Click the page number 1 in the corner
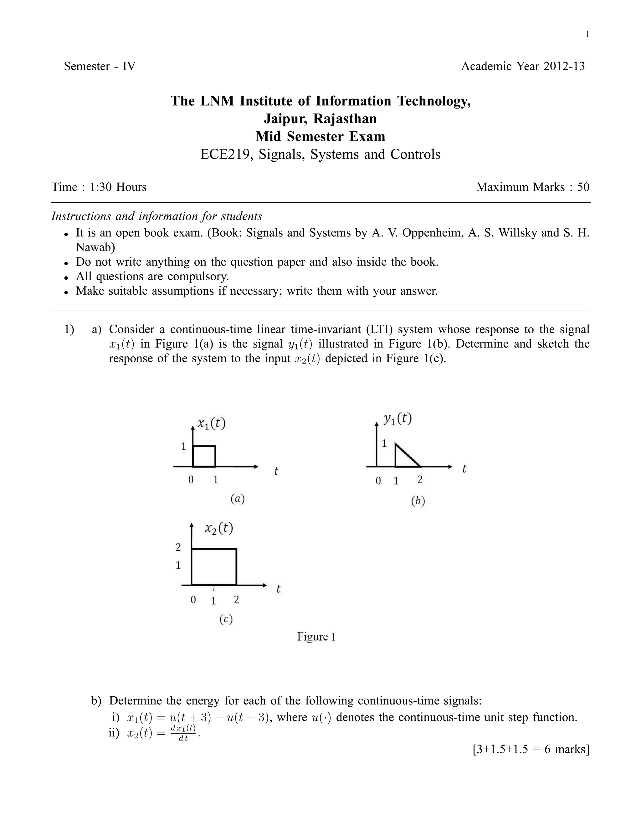click(x=587, y=34)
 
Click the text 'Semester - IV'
click(x=100, y=66)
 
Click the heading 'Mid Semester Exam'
click(x=320, y=136)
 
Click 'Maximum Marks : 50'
click(x=532, y=187)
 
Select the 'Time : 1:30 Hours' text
click(x=99, y=187)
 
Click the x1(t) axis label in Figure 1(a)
click(x=211, y=423)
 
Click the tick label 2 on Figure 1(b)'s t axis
click(x=420, y=480)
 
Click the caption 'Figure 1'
click(x=316, y=637)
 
